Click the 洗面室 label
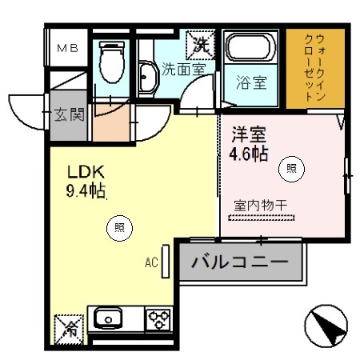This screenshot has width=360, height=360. pos(183,70)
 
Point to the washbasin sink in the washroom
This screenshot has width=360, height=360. pos(148,78)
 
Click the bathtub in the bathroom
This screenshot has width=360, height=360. pos(250,49)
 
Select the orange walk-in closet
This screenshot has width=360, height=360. pos(315,69)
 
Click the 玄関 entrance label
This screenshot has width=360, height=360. pos(70,114)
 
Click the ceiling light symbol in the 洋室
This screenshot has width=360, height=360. pos(290,168)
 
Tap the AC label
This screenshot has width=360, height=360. pos(151,262)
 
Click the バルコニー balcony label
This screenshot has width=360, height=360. pos(241,262)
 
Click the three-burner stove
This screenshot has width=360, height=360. pos(157,319)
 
